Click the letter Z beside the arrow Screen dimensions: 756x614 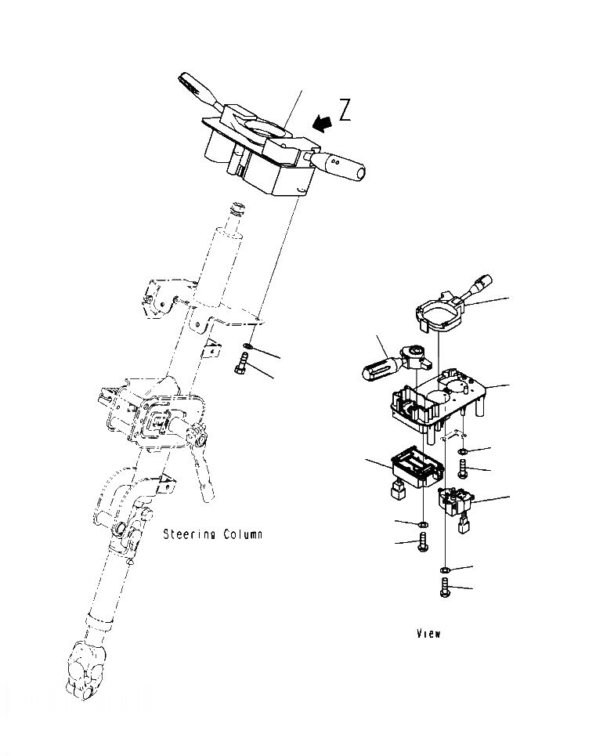(344, 110)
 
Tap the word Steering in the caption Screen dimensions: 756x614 (189, 535)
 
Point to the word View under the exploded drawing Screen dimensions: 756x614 (428, 633)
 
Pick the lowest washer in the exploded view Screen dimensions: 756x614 (445, 570)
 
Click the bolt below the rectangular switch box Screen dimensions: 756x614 (424, 541)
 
